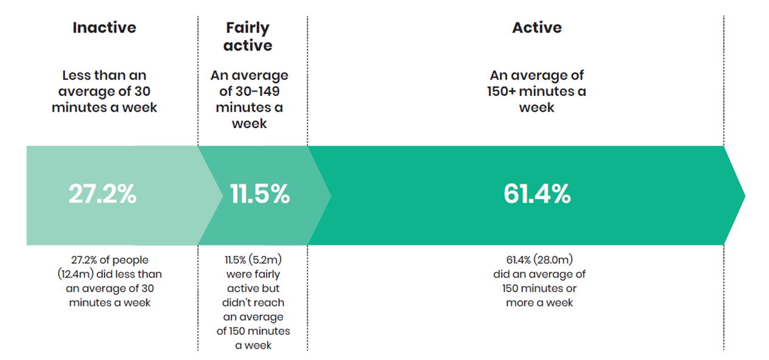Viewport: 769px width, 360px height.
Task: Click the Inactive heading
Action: click(x=104, y=28)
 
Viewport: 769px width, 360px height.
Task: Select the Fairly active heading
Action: click(x=248, y=36)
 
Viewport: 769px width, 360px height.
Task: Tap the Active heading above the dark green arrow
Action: click(x=537, y=28)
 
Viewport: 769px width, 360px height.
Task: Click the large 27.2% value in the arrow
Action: click(x=102, y=195)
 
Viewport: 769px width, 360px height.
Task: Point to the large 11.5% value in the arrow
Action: click(x=259, y=195)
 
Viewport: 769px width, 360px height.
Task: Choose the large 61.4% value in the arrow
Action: click(x=537, y=195)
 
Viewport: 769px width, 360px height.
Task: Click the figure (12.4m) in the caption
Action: click(x=71, y=274)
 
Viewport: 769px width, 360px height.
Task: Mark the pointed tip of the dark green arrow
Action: click(x=743, y=195)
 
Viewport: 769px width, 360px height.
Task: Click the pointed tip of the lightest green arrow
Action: click(x=222, y=195)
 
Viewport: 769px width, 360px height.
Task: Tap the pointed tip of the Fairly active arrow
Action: click(x=330, y=195)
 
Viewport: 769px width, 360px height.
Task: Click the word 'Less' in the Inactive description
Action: click(x=77, y=76)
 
